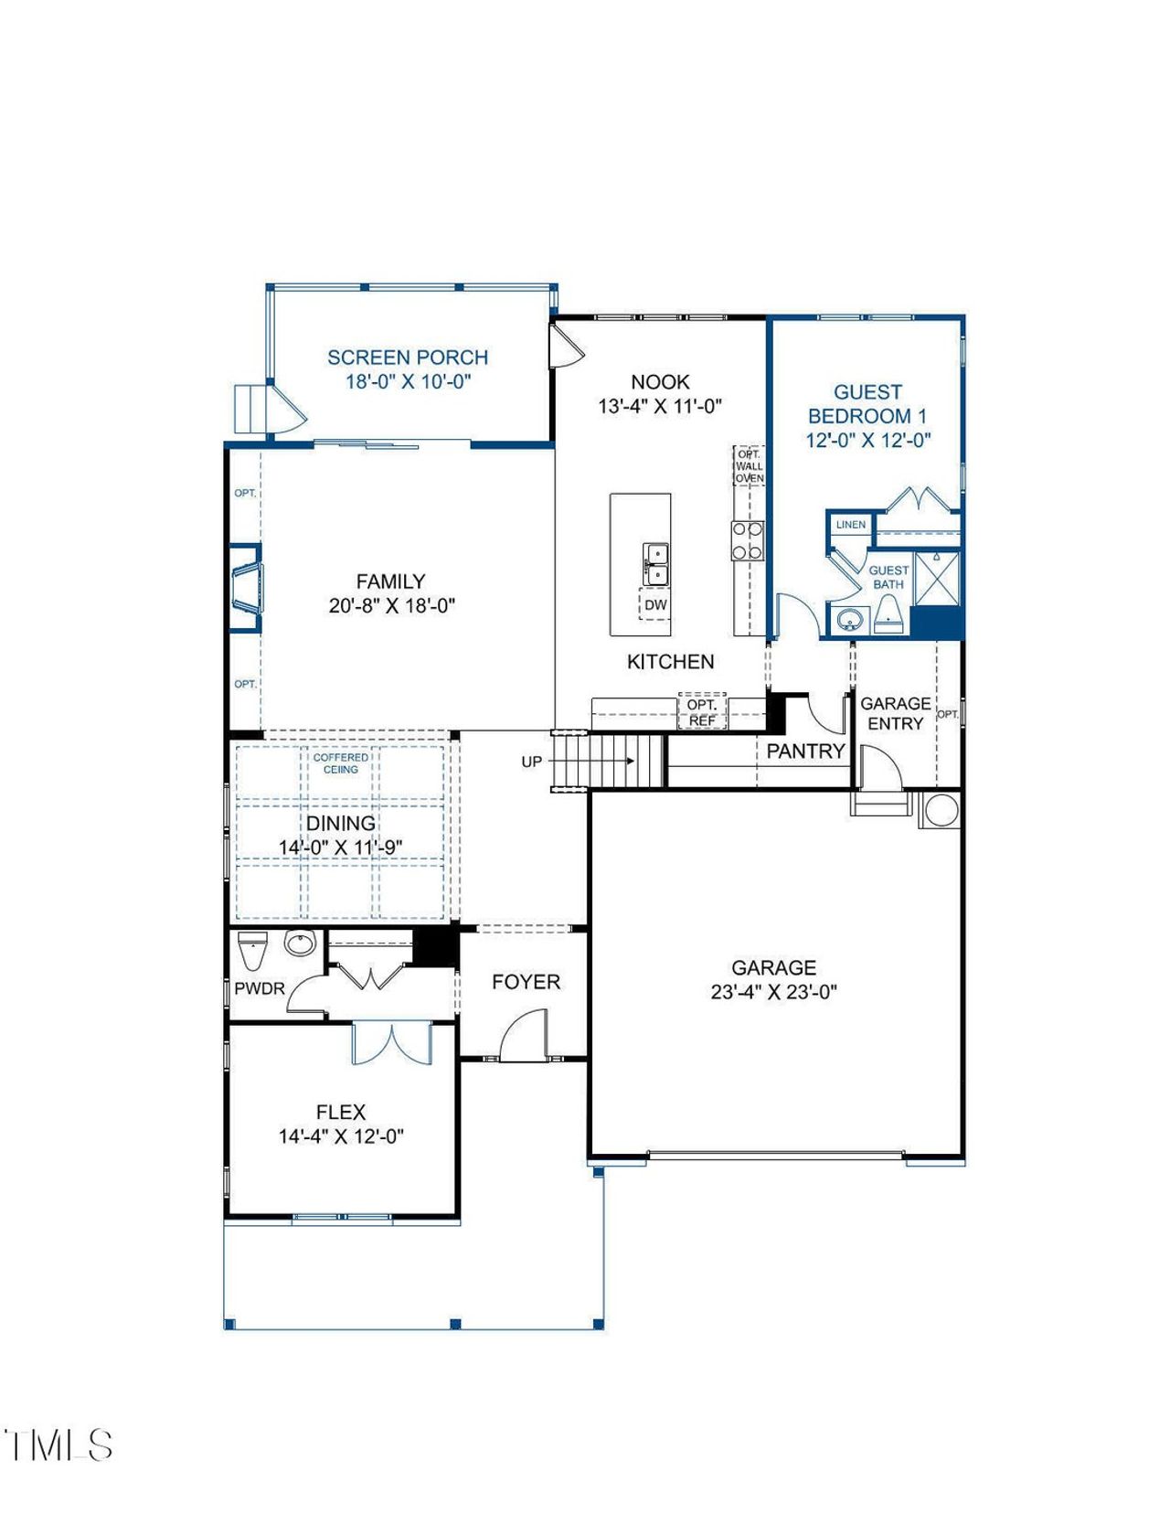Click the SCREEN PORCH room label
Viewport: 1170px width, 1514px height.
point(408,357)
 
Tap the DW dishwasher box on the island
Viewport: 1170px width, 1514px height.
point(655,605)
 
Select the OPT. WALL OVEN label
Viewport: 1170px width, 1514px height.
point(750,466)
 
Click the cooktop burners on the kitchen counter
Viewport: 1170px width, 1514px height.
point(747,540)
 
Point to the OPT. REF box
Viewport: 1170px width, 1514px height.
point(702,712)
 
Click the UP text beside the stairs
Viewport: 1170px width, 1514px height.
point(532,762)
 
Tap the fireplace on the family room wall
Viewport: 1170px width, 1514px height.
point(246,587)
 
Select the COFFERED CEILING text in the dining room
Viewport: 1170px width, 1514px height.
point(341,763)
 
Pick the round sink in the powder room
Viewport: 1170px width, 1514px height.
point(299,942)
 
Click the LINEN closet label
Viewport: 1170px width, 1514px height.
point(851,525)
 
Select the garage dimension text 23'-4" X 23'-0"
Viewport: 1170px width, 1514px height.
point(773,992)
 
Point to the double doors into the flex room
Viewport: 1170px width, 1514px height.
point(391,1044)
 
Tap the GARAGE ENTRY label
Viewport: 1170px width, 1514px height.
point(895,713)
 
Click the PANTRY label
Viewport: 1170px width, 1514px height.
point(805,752)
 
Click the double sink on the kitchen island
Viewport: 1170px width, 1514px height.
point(655,564)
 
